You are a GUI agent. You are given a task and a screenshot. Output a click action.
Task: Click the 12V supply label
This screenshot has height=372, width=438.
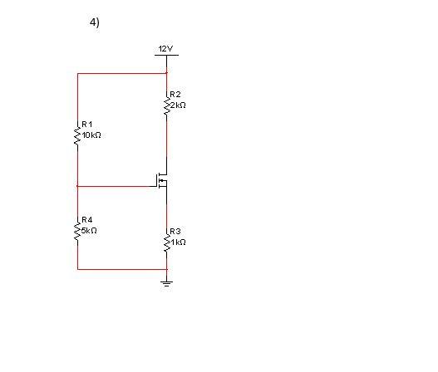click(x=166, y=50)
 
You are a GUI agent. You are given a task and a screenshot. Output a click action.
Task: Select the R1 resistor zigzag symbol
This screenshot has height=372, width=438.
click(x=77, y=136)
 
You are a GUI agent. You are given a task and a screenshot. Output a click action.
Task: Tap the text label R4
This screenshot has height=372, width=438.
click(x=87, y=219)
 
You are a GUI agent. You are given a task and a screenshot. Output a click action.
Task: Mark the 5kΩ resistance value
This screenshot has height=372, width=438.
click(x=90, y=228)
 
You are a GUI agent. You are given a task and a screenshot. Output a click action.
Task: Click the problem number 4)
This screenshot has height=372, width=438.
click(x=95, y=22)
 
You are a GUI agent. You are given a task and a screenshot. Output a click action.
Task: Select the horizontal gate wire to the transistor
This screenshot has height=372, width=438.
click(x=116, y=186)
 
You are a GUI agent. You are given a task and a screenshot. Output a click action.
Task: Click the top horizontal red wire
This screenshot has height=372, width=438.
click(x=121, y=73)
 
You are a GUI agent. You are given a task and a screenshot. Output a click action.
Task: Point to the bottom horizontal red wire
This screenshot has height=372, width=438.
click(x=121, y=269)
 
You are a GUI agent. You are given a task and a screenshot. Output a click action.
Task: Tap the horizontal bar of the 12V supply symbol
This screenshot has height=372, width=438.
click(x=167, y=56)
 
